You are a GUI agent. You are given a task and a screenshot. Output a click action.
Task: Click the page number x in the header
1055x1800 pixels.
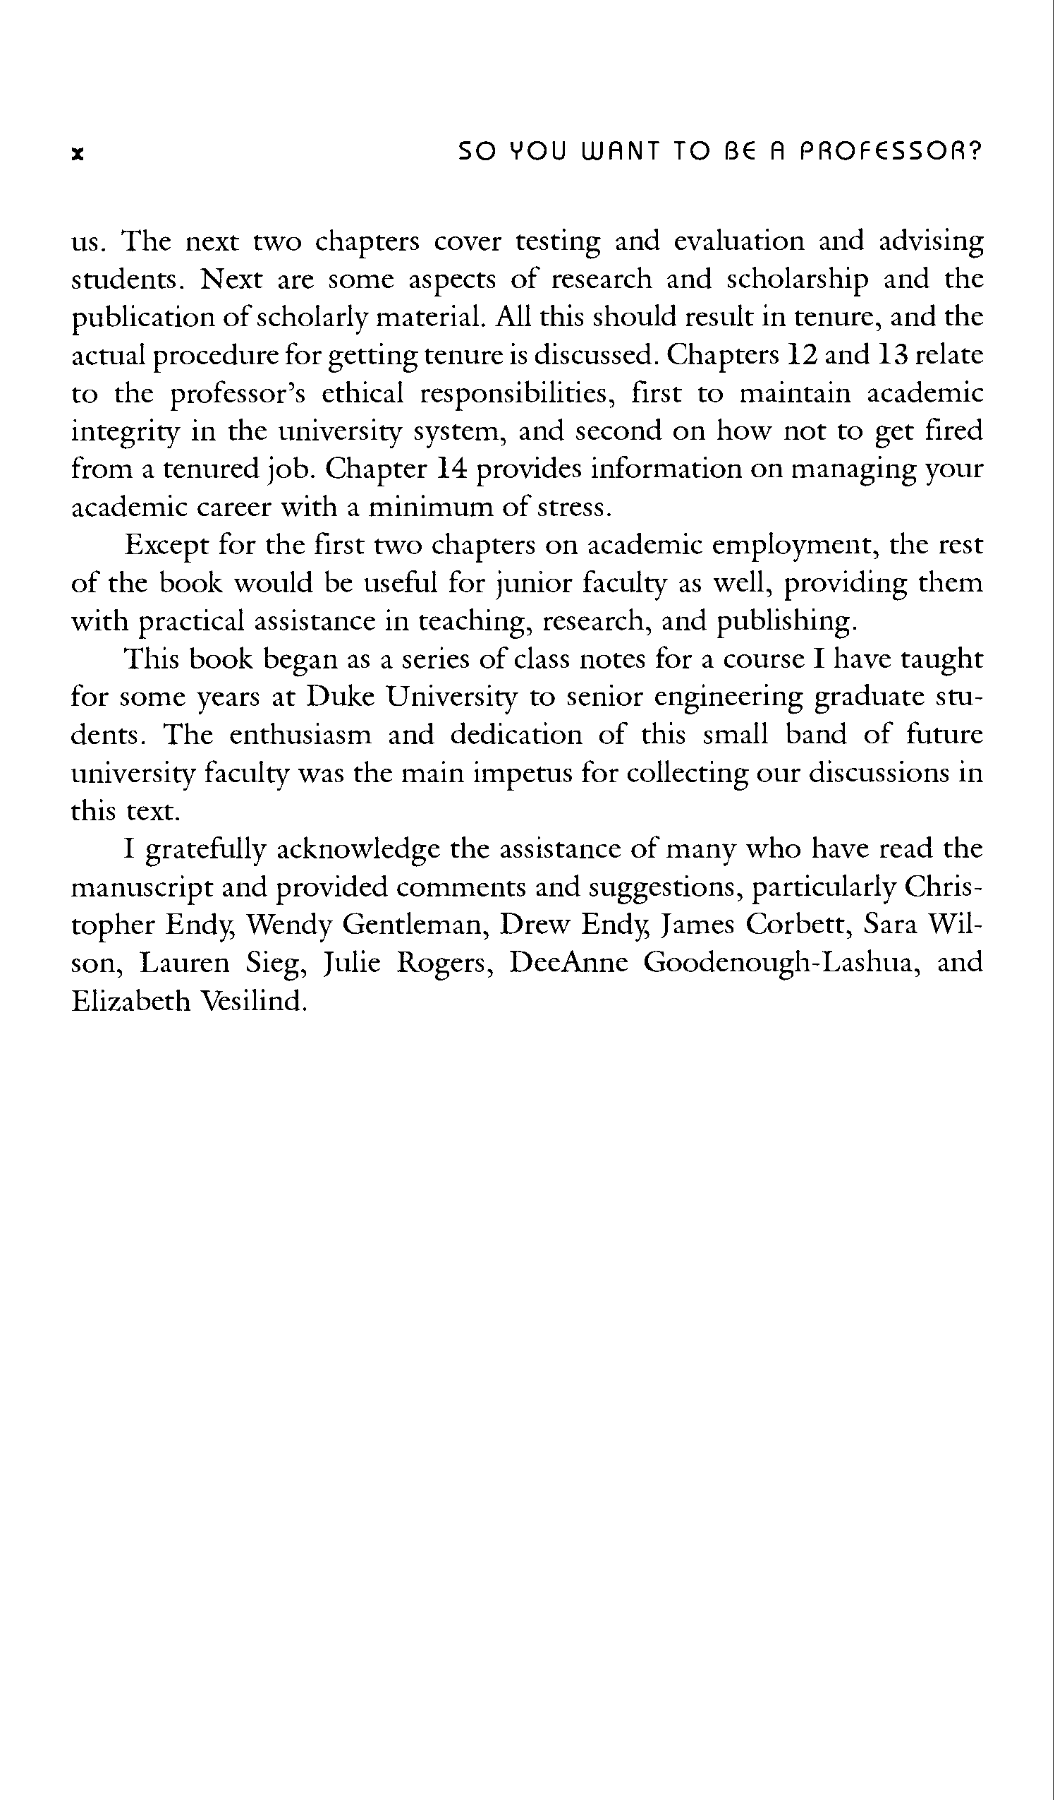pyautogui.click(x=78, y=154)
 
